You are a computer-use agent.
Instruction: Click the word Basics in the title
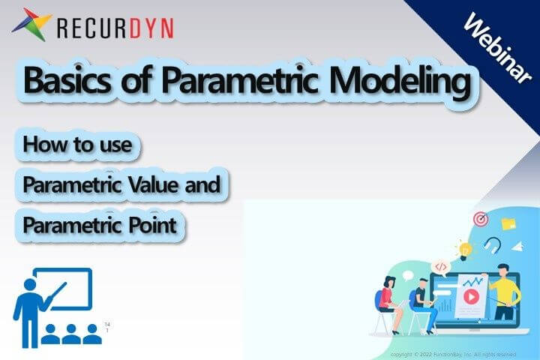click(66, 81)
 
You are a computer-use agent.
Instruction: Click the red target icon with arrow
click(481, 219)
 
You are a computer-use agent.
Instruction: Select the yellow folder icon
click(508, 223)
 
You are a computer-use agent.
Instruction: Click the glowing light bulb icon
click(465, 250)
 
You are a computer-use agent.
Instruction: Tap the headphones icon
click(492, 244)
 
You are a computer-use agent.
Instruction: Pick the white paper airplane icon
click(518, 246)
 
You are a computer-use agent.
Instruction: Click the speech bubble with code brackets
click(440, 266)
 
